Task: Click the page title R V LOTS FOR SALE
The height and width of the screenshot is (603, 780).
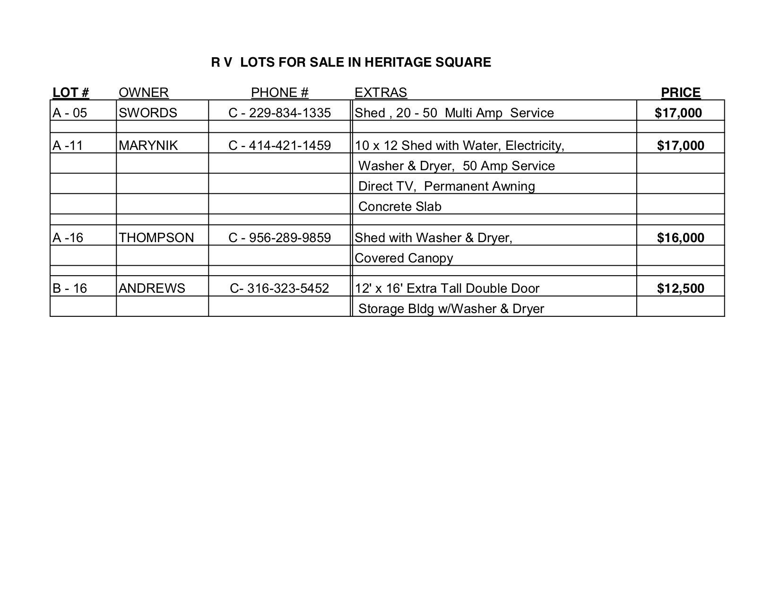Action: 351,62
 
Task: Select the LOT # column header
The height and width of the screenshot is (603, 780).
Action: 71,93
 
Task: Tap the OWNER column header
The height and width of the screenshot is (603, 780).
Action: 144,93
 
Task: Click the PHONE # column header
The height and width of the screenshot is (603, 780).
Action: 280,93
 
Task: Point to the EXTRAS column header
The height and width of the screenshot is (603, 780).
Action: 381,93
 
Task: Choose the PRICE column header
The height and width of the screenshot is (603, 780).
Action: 681,93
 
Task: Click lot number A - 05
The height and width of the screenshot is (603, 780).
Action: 70,113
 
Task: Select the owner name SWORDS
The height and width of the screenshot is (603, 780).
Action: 148,113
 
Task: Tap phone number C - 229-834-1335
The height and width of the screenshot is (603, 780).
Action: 280,113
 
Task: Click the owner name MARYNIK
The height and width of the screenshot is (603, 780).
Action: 148,146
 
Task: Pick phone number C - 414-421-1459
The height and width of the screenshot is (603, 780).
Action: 280,146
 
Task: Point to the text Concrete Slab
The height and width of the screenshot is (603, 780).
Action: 400,207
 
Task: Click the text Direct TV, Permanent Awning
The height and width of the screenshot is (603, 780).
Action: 447,186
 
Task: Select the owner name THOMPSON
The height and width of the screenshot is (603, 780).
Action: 156,238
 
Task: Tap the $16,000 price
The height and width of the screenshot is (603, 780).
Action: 681,238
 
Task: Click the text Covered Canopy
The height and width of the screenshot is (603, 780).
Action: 404,258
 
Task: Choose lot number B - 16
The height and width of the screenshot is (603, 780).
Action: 70,288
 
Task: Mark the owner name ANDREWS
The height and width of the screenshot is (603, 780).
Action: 152,288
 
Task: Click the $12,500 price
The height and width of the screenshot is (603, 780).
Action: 681,288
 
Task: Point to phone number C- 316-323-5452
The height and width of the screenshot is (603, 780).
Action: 280,288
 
